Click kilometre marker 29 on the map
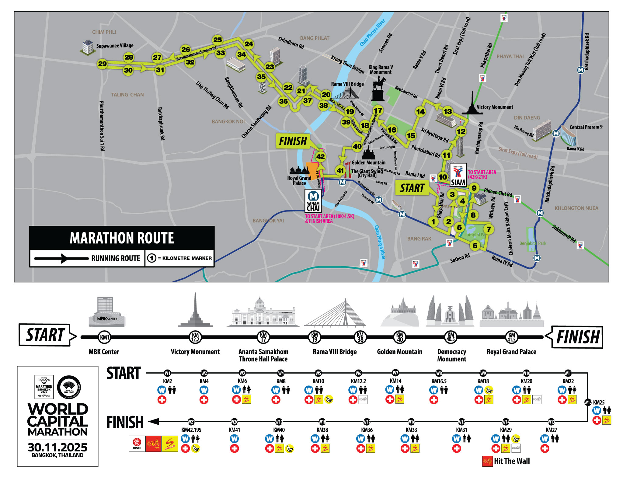pos(102,64)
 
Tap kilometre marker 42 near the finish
pos(320,157)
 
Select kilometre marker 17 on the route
pos(378,110)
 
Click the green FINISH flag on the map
pos(293,141)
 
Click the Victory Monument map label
pos(495,107)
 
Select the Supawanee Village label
pos(115,46)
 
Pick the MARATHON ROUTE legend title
pos(122,238)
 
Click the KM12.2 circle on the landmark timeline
pos(195,337)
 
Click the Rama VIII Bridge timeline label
pos(335,352)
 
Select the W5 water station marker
pos(318,373)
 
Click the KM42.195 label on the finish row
pos(191,430)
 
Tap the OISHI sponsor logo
pos(137,444)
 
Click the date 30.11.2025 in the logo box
pos(57,447)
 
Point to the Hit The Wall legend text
pos(512,461)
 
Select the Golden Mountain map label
pos(368,163)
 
